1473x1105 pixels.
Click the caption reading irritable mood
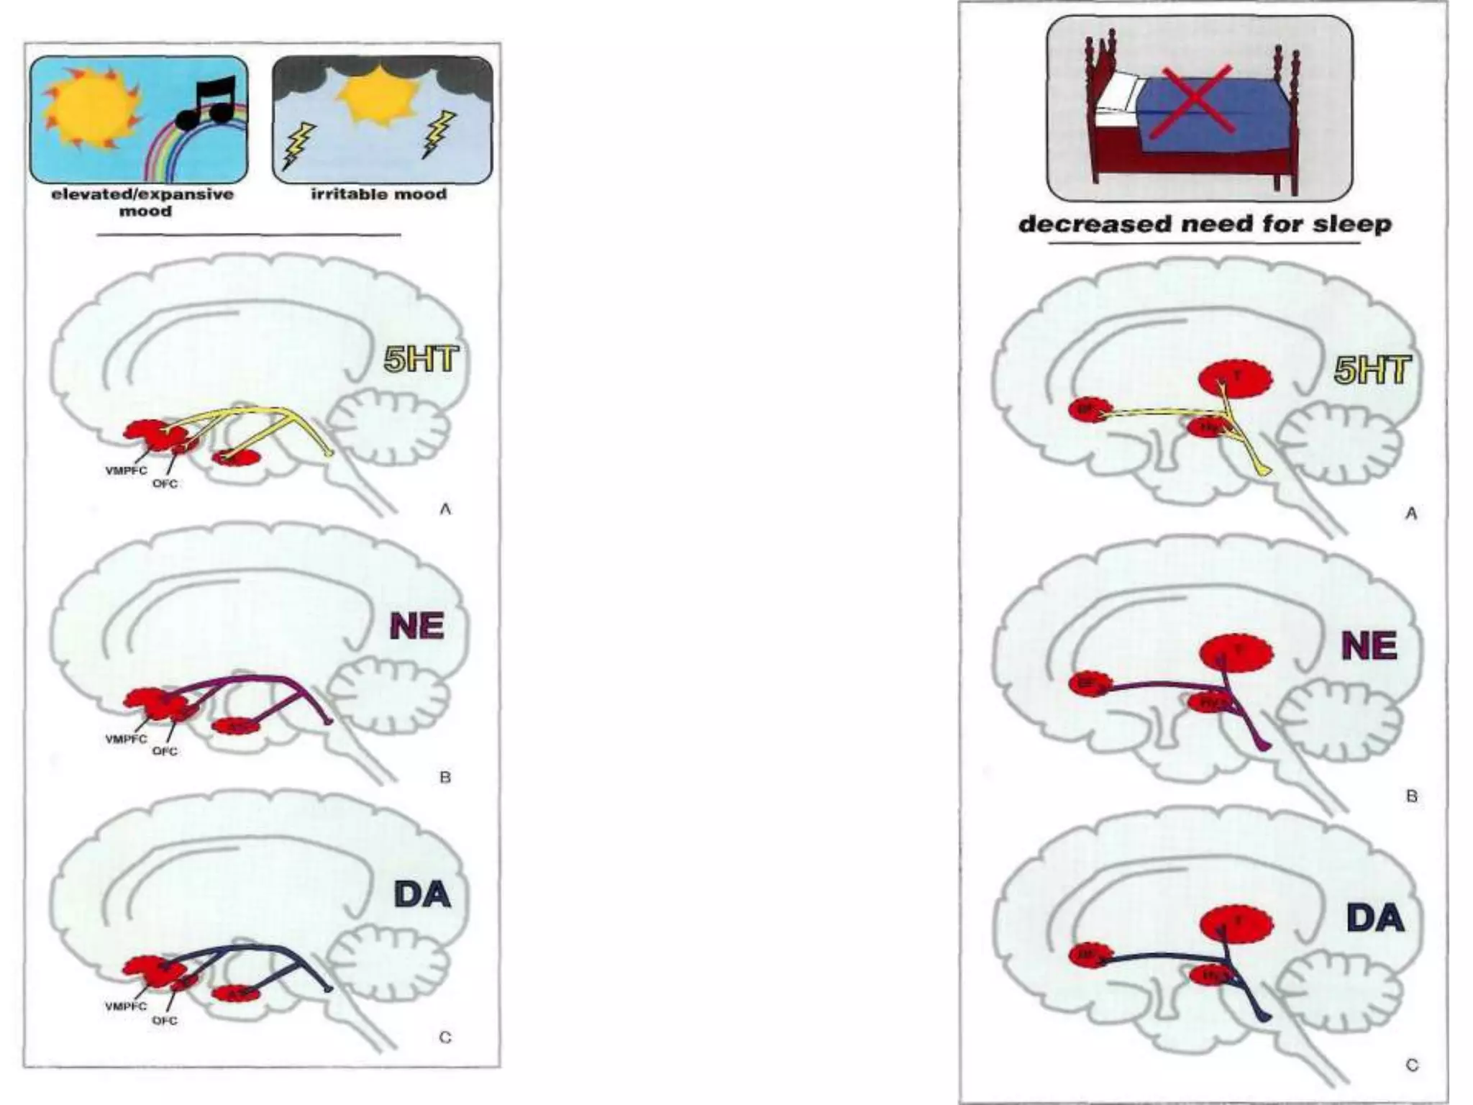(379, 194)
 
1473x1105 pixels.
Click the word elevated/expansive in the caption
(142, 194)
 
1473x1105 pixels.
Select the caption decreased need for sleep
(1205, 224)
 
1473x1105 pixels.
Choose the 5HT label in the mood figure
(421, 358)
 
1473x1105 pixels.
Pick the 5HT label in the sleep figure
(1372, 370)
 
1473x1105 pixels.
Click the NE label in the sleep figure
(1369, 645)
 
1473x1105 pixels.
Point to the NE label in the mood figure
(417, 626)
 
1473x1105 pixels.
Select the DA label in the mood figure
(422, 894)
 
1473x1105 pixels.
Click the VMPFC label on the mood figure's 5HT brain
(126, 470)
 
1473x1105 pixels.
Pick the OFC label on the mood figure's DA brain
(165, 1020)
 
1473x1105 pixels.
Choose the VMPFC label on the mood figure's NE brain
(126, 739)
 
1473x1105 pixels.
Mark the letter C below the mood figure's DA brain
(445, 1037)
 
